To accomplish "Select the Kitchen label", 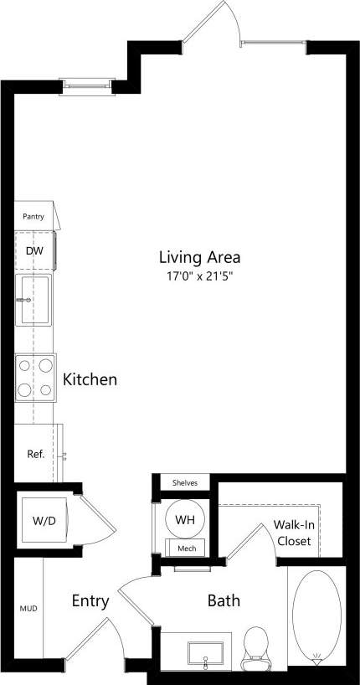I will pos(90,379).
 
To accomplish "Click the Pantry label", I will pos(33,217).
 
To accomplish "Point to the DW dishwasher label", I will pos(34,250).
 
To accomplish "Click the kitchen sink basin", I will pos(34,300).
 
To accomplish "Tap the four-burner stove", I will pos(34,378).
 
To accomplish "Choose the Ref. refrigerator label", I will pos(35,455).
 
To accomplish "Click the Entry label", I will pos(90,600).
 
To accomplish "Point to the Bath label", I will pos(224,600).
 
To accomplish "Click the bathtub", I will pos(316,615).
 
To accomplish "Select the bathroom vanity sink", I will pos(206,652).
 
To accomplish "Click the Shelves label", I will pos(184,484).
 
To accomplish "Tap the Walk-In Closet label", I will pos(292,533).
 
